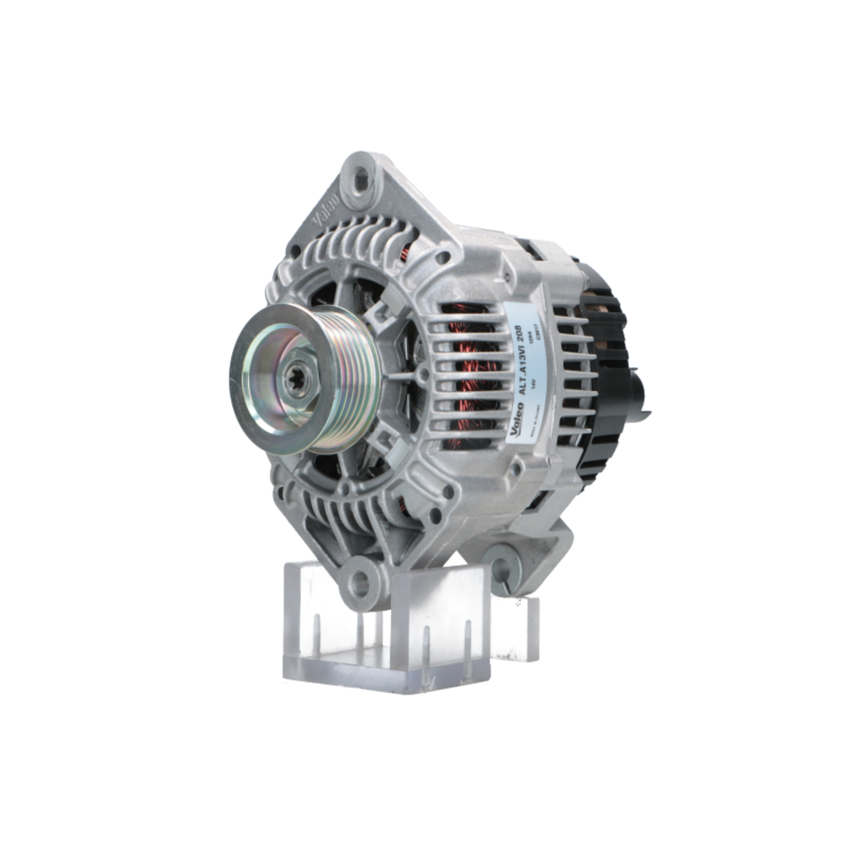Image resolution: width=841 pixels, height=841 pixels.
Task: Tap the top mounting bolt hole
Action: coord(362,177)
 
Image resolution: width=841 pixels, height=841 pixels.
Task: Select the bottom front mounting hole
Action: coord(362,580)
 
